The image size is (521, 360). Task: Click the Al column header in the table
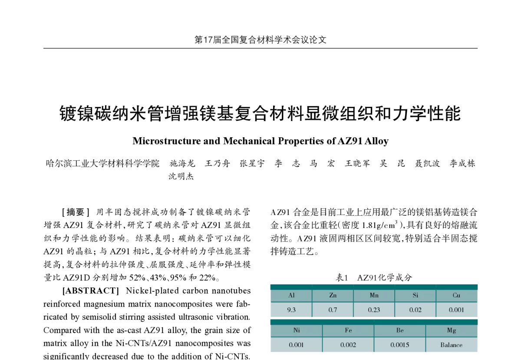[291, 295]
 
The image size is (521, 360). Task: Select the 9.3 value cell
[291, 310]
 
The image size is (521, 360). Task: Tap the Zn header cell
[333, 295]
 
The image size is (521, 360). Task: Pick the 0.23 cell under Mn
[374, 310]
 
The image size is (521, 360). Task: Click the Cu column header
[456, 295]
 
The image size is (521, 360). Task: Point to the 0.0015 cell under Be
[399, 345]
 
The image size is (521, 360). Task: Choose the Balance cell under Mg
[451, 345]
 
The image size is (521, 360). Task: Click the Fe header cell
[348, 330]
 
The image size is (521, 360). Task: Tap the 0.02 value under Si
[415, 310]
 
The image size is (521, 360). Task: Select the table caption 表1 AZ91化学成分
[374, 277]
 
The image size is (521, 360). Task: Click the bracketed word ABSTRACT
[91, 291]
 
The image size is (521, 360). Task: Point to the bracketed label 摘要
[76, 212]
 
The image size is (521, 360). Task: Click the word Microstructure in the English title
[167, 141]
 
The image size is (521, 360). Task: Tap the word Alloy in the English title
[376, 141]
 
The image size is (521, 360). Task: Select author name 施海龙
[182, 163]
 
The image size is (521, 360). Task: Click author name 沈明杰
[181, 176]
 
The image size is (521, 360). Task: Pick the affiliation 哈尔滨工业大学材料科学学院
[102, 163]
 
